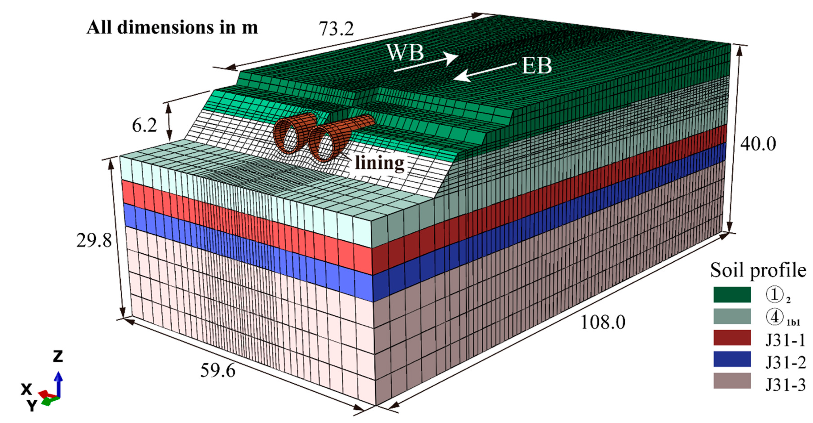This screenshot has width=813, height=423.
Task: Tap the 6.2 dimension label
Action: [144, 126]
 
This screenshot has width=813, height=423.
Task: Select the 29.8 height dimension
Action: [94, 241]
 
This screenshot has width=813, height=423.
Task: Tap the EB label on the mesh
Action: [537, 66]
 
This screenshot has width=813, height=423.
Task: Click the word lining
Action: [380, 163]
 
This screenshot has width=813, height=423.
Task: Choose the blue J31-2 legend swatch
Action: [732, 359]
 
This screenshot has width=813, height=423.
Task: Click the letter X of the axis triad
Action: [26, 389]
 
